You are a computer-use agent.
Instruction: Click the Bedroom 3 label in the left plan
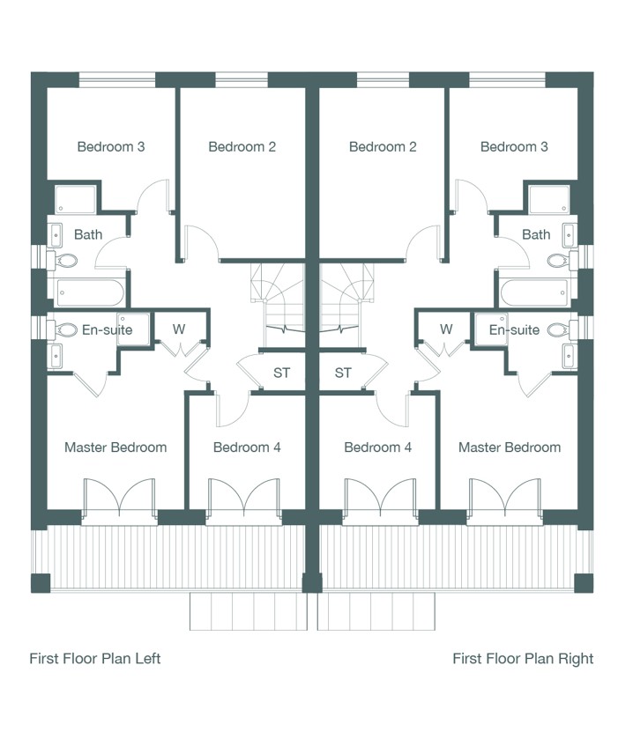pyautogui.click(x=111, y=147)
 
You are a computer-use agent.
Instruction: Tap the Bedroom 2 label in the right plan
pyautogui.click(x=383, y=147)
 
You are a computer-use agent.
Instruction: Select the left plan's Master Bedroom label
pyautogui.click(x=115, y=447)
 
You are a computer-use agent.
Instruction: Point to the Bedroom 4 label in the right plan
pyautogui.click(x=378, y=447)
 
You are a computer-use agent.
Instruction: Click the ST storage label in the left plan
pyautogui.click(x=281, y=373)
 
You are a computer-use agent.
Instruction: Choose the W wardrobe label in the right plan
pyautogui.click(x=446, y=329)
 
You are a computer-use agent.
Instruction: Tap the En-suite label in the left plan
pyautogui.click(x=107, y=329)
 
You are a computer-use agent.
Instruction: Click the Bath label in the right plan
pyautogui.click(x=536, y=234)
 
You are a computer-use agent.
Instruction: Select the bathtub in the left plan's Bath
pyautogui.click(x=90, y=292)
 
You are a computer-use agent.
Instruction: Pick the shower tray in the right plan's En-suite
pyautogui.click(x=490, y=329)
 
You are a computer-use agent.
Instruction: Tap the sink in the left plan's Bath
pyautogui.click(x=56, y=236)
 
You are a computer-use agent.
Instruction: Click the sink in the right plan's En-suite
pyautogui.click(x=570, y=356)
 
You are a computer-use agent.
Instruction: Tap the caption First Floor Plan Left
pyautogui.click(x=95, y=658)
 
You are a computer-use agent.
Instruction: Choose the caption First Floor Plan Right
pyautogui.click(x=523, y=658)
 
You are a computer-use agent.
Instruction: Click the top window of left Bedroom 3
pyautogui.click(x=117, y=80)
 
